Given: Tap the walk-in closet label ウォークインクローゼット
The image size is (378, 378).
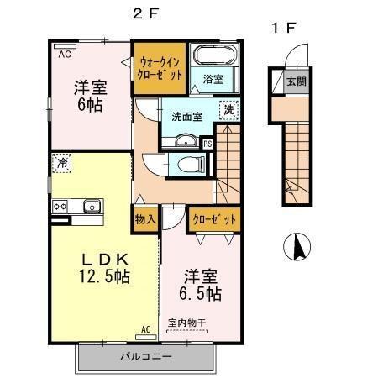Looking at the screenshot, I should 160,67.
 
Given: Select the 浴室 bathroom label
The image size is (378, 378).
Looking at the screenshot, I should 213,80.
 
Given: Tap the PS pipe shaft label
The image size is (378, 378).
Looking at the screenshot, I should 207,144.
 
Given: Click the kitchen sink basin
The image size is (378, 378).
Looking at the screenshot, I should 91,206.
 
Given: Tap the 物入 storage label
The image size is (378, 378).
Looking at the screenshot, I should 145,219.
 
